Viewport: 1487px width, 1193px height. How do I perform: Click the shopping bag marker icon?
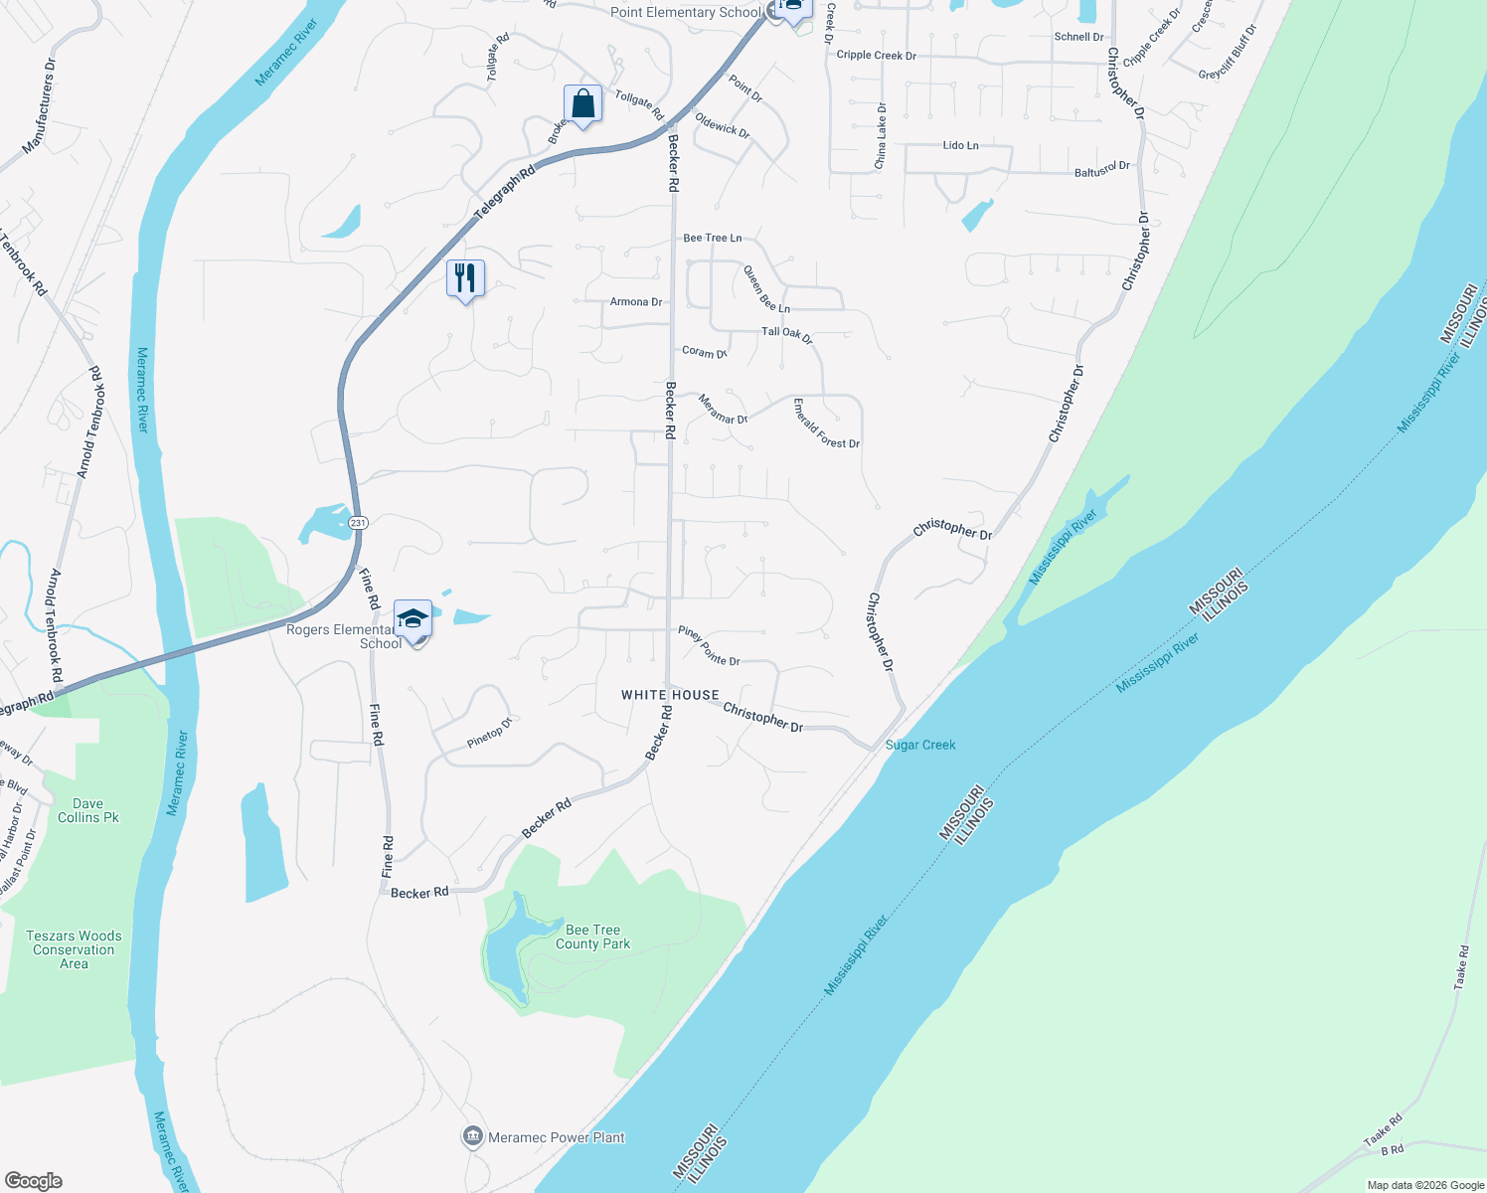(582, 104)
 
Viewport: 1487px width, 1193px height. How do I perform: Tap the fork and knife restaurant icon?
(465, 278)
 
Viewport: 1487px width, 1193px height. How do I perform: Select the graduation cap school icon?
(413, 619)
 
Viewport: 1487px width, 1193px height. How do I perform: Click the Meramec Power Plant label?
(557, 1137)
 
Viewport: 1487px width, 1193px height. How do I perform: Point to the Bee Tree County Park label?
(592, 937)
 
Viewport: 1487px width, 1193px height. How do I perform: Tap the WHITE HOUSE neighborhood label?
(670, 695)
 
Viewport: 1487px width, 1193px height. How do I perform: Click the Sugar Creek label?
(920, 745)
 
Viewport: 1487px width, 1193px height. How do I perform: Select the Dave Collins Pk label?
(87, 810)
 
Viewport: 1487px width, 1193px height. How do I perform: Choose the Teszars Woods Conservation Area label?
(74, 949)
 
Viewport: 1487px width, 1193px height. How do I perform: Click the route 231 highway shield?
(358, 522)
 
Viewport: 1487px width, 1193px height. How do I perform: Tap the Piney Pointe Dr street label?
(709, 646)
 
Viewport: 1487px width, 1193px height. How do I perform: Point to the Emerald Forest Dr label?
(826, 425)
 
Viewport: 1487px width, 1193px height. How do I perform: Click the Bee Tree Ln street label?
(712, 238)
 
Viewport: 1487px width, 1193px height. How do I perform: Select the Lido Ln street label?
(960, 145)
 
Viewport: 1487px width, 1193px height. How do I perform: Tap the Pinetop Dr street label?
(489, 733)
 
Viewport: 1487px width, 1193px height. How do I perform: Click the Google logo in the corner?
(34, 1181)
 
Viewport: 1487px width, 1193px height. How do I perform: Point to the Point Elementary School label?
(685, 12)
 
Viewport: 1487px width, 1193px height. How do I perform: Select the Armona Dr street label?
(635, 301)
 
